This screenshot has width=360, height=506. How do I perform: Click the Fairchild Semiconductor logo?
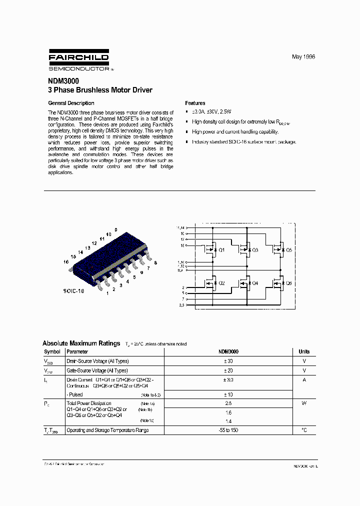[78, 61]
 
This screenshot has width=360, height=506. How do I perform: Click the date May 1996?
[303, 57]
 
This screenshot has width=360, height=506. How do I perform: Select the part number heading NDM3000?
[63, 81]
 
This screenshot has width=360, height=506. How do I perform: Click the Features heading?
[195, 103]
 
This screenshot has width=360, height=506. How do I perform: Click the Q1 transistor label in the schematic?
[222, 249]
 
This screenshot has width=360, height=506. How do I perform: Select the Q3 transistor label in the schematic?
[255, 249]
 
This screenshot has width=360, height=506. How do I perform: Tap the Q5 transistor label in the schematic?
[288, 249]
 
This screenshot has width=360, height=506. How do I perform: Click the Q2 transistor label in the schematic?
[222, 283]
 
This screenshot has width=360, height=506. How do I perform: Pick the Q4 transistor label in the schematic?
[255, 283]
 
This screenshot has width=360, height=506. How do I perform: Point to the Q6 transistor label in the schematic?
[288, 283]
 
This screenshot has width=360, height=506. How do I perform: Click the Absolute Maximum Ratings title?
[81, 343]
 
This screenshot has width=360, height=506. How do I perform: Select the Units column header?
[304, 351]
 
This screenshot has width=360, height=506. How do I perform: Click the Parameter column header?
[77, 351]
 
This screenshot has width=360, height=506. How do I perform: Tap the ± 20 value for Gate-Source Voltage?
[228, 370]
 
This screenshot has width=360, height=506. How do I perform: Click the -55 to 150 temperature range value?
[228, 430]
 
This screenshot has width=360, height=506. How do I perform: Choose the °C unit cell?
[304, 430]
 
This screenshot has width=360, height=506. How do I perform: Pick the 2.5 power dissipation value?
[228, 403]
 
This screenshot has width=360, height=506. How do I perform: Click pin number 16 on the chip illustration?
[65, 261]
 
